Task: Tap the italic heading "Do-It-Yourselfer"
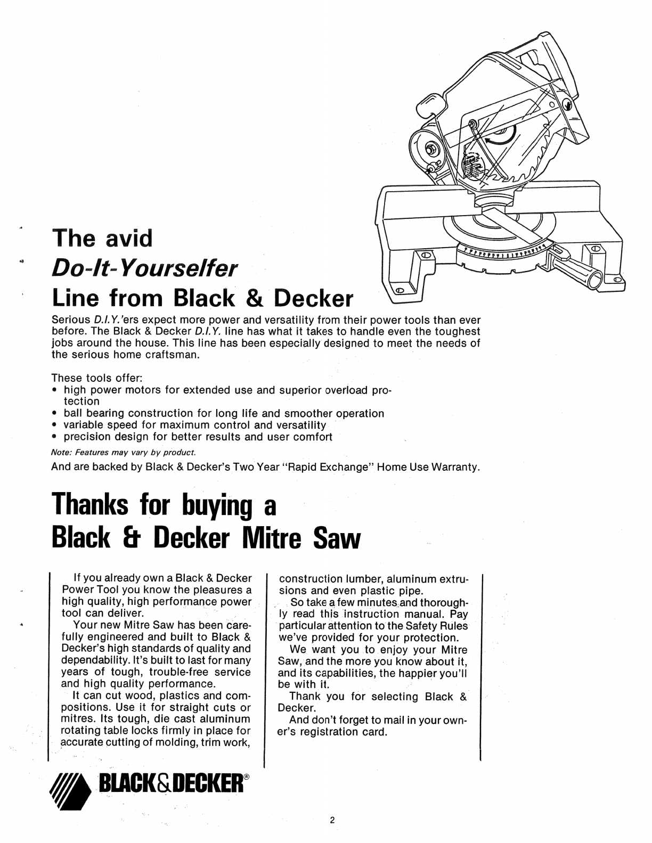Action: [144, 268]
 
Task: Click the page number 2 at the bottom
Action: [332, 820]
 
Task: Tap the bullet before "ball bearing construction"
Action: [55, 414]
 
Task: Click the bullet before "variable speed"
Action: [55, 425]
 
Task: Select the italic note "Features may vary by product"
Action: [124, 453]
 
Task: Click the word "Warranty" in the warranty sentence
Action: [457, 468]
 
